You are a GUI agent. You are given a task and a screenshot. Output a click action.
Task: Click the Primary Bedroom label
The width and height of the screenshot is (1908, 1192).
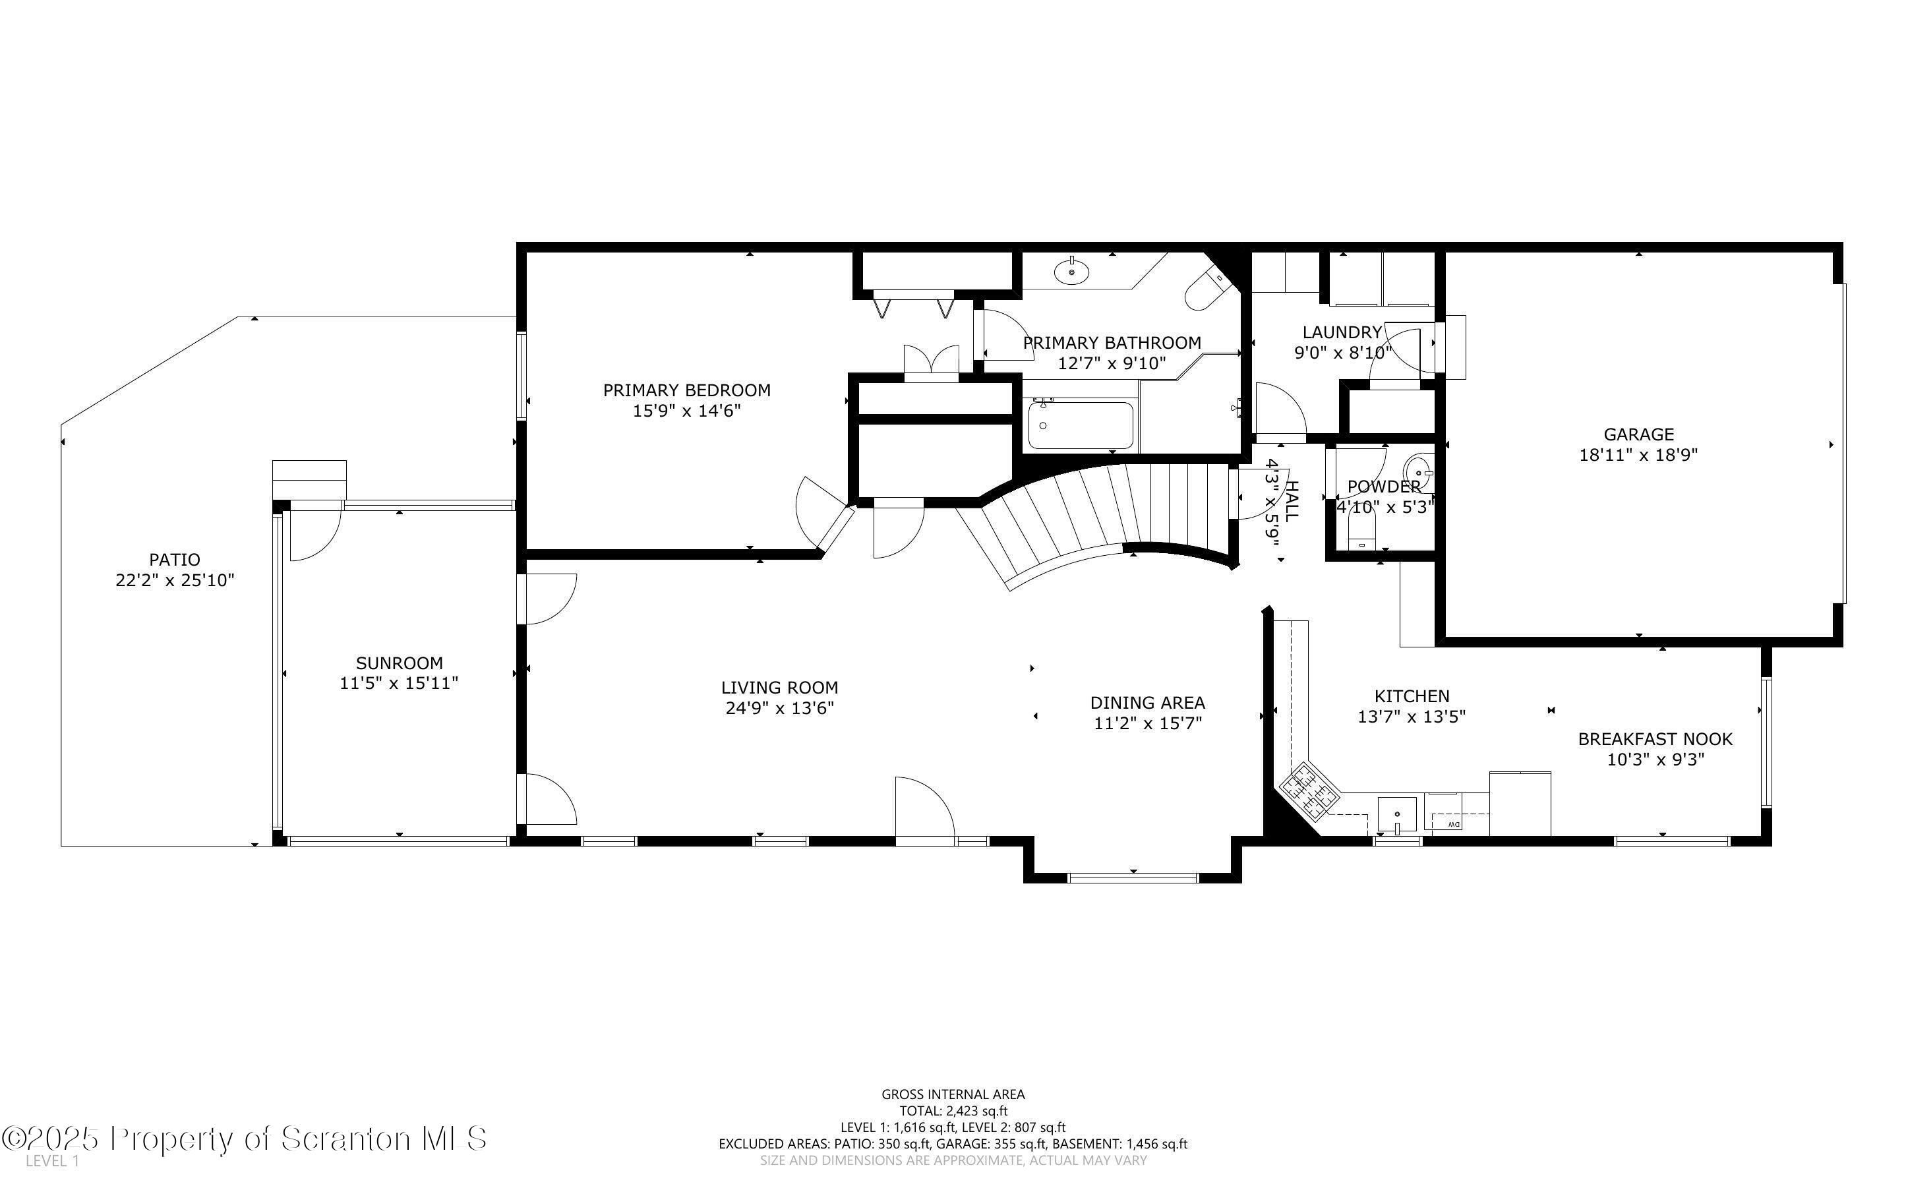[x=686, y=390]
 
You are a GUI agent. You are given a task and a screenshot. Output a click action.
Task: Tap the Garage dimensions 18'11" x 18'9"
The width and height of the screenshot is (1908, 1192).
[x=1638, y=455]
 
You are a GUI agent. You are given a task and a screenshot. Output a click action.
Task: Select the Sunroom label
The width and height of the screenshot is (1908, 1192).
[x=399, y=663]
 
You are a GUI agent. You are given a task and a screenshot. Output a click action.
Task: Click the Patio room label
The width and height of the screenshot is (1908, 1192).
[x=174, y=560]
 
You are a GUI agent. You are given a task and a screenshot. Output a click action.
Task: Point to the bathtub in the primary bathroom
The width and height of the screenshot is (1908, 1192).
[x=1081, y=426]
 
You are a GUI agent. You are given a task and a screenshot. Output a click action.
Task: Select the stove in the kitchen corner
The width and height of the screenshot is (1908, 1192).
[x=1308, y=790]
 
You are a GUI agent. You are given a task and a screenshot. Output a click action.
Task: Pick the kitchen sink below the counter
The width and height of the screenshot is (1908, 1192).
[x=1396, y=814]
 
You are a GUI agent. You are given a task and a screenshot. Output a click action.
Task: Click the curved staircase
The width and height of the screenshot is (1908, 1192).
[x=1119, y=512]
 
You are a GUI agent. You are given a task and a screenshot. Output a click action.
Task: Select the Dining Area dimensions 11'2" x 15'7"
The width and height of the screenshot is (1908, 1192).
[x=1147, y=723]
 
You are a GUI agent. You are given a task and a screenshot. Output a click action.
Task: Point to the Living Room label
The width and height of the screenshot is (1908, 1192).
[x=779, y=688]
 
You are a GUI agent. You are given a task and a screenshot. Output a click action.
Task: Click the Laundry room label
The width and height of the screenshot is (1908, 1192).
[x=1342, y=332]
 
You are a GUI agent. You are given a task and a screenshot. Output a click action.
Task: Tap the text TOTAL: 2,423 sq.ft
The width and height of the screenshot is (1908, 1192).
[x=953, y=1111]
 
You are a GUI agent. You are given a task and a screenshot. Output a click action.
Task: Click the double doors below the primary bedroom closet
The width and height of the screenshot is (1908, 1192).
[x=932, y=363]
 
